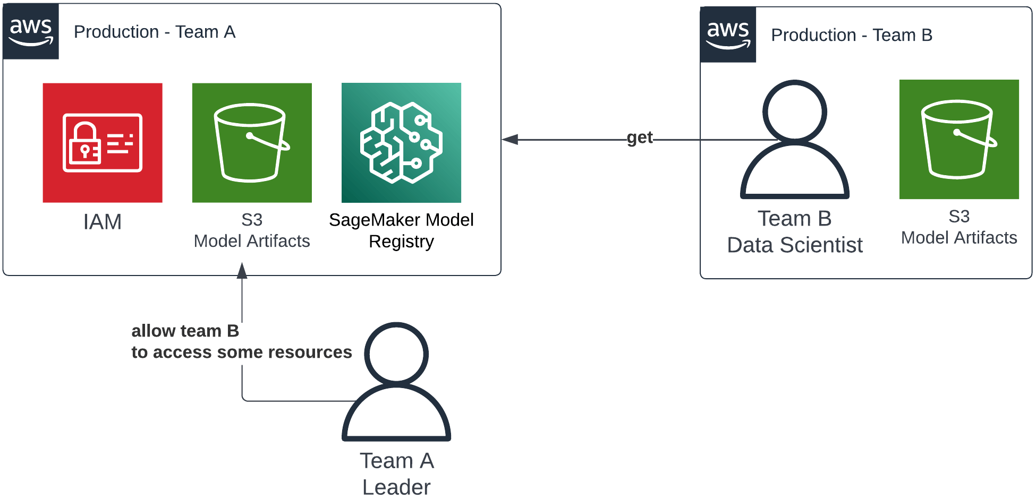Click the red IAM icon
103,142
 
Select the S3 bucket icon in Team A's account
252,142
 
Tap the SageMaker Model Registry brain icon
401,142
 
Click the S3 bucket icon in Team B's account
959,139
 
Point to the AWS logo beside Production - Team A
31,31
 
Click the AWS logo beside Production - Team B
728,35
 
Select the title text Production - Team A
154,32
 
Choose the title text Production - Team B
851,35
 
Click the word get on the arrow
640,138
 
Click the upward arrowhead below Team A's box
242,271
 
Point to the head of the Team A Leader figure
396,353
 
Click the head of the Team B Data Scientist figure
794,111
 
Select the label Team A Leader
396,474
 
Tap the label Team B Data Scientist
794,232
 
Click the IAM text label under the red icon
103,222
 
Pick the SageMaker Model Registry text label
401,230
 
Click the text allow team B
185,331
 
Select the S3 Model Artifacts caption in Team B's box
959,227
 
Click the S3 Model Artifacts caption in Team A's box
252,230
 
